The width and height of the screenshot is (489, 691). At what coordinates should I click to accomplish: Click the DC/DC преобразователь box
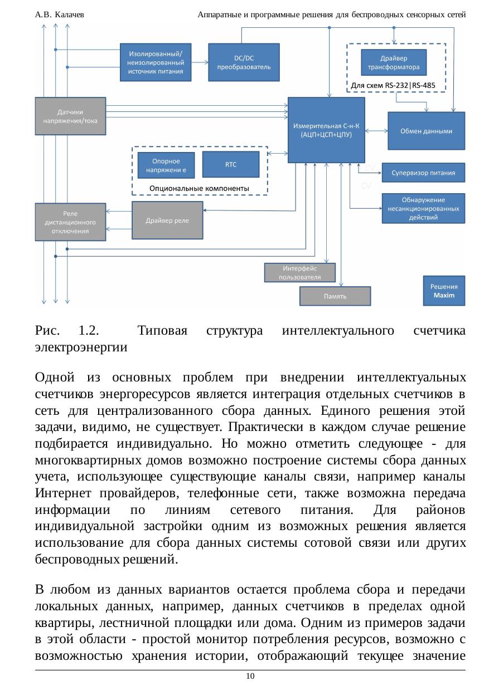[244, 62]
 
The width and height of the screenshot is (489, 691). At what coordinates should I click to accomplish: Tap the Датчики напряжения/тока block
[70, 116]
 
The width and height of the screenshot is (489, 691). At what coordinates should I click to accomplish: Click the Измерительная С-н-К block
[326, 130]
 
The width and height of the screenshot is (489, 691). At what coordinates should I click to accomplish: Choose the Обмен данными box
[426, 131]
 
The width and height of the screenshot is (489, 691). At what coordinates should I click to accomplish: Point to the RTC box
[230, 165]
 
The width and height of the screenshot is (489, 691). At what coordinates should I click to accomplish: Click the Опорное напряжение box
[166, 165]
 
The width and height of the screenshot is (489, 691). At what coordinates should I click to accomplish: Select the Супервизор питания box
[423, 173]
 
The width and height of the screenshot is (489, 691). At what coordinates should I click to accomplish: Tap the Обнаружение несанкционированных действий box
[423, 208]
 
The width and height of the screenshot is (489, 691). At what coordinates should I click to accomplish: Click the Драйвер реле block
[167, 220]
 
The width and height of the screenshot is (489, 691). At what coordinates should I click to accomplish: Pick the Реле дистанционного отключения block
[70, 222]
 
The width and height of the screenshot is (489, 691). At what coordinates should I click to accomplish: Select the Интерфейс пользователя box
[300, 273]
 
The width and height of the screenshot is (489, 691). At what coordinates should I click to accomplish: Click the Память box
[335, 296]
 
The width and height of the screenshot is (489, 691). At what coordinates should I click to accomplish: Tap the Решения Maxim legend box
[444, 290]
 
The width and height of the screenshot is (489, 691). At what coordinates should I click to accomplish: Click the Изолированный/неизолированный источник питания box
[156, 62]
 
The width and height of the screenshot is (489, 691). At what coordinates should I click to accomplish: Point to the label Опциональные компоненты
[199, 189]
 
